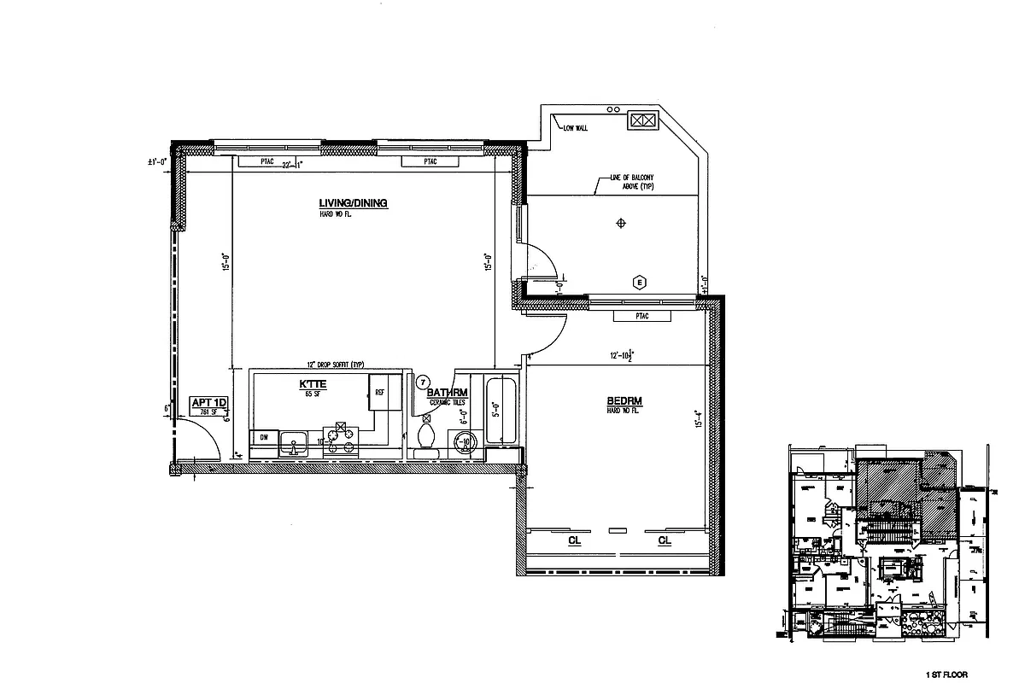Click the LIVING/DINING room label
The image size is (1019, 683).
point(353,203)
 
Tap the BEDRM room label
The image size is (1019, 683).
point(624,401)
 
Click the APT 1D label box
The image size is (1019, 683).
point(205,406)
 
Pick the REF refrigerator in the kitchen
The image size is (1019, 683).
point(378,393)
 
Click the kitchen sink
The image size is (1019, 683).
point(296,444)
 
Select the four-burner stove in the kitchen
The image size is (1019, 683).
point(342,440)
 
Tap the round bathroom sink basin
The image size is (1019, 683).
point(465,441)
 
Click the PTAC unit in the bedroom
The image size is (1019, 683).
point(630,316)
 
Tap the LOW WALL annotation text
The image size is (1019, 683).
point(575,128)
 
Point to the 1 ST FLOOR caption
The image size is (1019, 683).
point(944,674)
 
